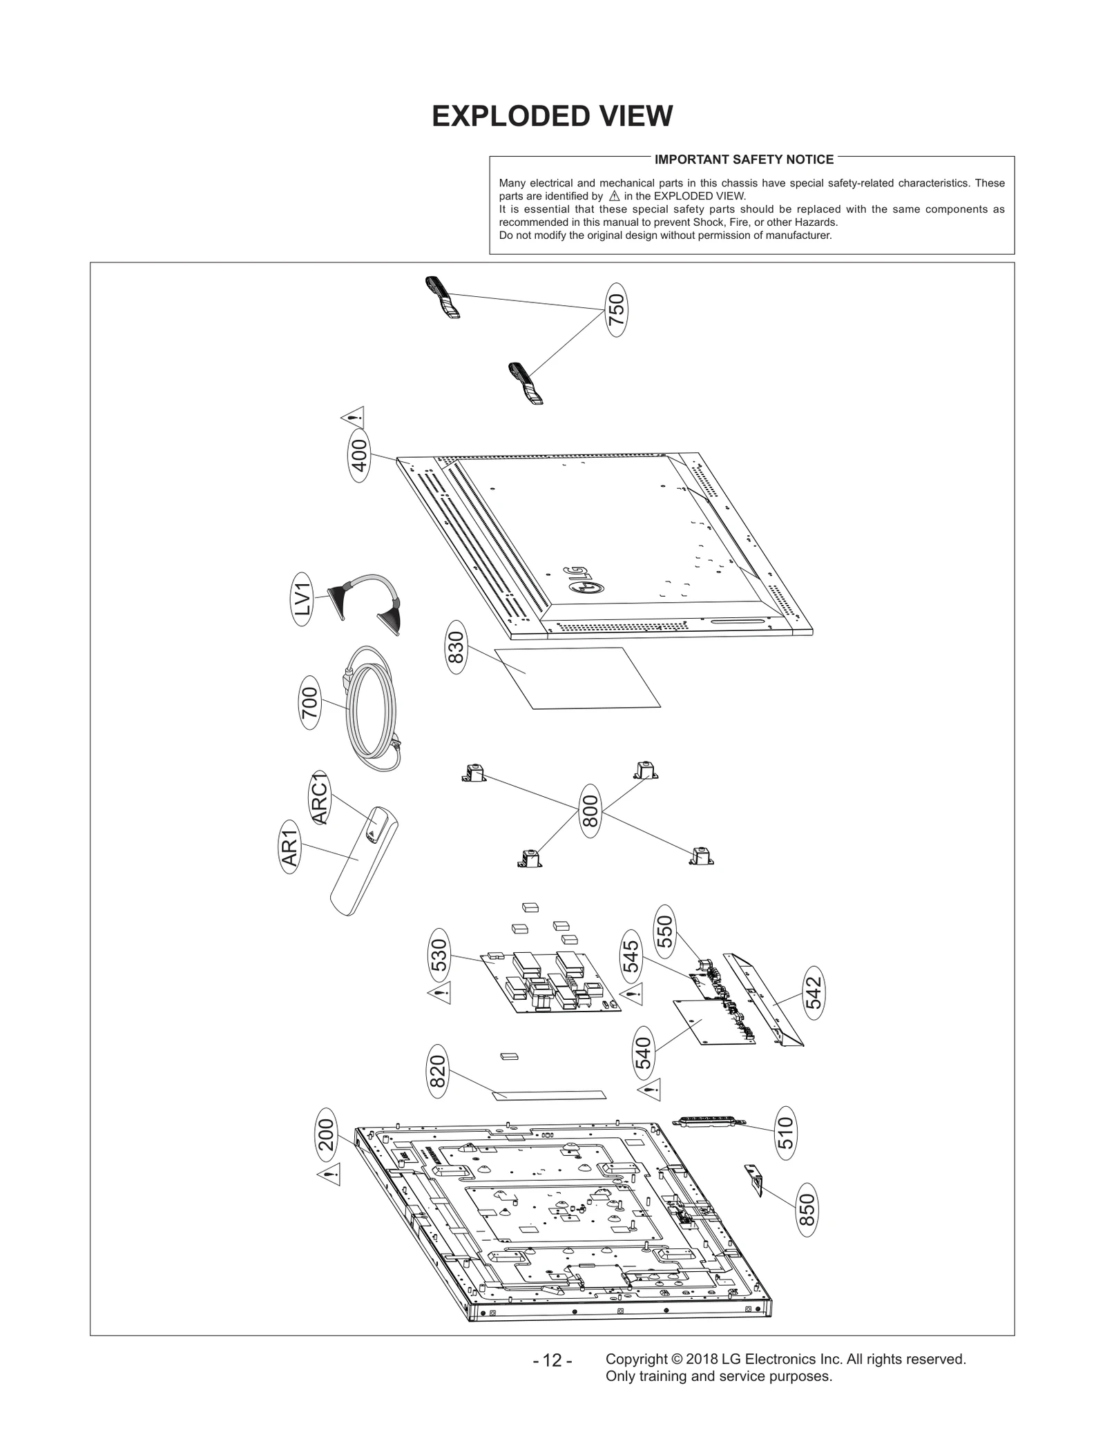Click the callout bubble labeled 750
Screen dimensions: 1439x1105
pyautogui.click(x=616, y=309)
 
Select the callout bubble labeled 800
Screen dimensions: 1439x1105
pyautogui.click(x=589, y=811)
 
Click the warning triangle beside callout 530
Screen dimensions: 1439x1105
pyautogui.click(x=439, y=995)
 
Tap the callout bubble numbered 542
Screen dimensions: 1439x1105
pyautogui.click(x=814, y=992)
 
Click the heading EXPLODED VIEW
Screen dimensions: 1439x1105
pyautogui.click(x=552, y=117)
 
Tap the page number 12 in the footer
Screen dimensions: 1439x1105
pyautogui.click(x=552, y=1360)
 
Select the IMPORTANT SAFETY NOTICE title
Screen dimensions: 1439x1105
pyautogui.click(x=744, y=160)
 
